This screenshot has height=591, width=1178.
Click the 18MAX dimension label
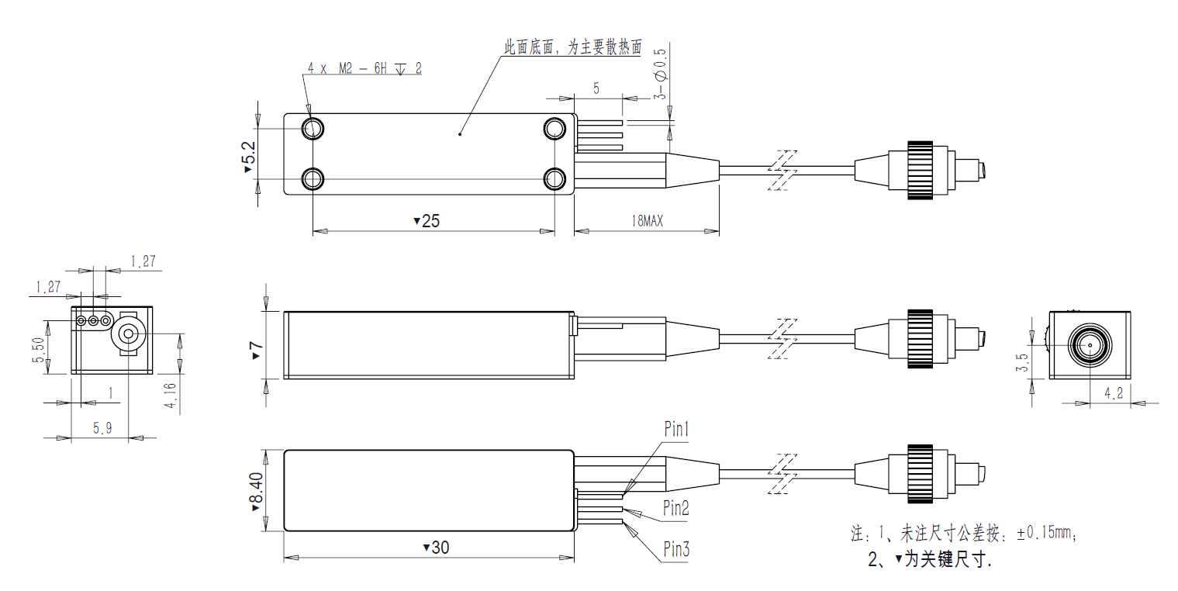tap(647, 221)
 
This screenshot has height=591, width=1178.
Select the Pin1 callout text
tap(676, 428)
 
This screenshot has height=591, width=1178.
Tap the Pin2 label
tap(676, 508)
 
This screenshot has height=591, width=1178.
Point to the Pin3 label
tap(676, 550)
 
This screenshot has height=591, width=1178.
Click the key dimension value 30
tap(439, 548)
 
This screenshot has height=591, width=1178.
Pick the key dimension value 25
tap(430, 221)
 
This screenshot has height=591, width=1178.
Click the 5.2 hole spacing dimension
tap(248, 157)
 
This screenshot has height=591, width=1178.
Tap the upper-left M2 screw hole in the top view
tap(313, 128)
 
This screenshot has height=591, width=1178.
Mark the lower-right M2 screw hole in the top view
tap(554, 179)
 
